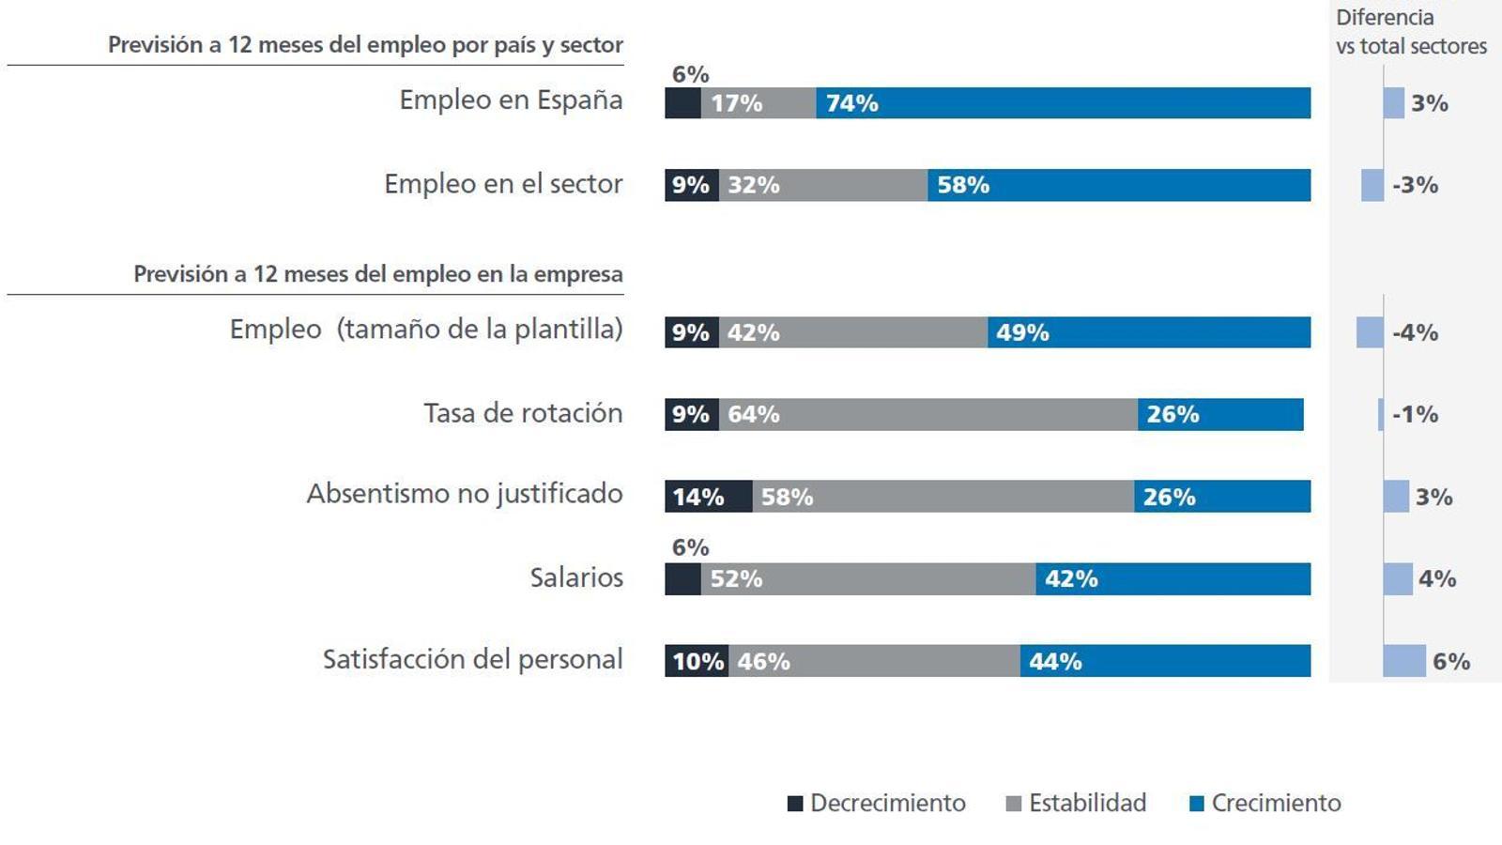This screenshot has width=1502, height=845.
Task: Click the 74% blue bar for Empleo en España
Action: (x=1063, y=102)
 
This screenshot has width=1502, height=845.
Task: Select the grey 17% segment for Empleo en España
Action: (x=759, y=102)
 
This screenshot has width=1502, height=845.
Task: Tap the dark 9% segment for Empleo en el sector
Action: (x=692, y=185)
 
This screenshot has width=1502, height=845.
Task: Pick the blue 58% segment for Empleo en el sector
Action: (x=1119, y=185)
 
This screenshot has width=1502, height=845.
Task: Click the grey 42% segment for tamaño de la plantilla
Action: (x=853, y=332)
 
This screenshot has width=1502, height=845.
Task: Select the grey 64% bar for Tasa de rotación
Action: (x=928, y=414)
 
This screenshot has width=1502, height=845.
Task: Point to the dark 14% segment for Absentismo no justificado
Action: (x=708, y=497)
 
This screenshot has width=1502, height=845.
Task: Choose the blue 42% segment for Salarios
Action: (x=1173, y=579)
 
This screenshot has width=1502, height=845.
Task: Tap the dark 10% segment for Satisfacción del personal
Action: (x=697, y=661)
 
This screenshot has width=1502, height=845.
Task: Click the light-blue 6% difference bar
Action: (x=1404, y=661)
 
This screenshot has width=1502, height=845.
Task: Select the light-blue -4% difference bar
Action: (x=1370, y=332)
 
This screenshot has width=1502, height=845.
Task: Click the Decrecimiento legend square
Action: (x=795, y=804)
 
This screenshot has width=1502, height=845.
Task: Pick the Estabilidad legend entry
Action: (x=1076, y=804)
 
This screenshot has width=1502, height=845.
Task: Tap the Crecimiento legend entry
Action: (x=1264, y=804)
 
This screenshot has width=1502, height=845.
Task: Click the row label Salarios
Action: (x=576, y=577)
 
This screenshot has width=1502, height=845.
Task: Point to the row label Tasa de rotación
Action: (x=523, y=413)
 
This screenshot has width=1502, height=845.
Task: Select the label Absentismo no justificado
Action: (x=465, y=494)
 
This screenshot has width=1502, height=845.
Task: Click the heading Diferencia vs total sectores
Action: (x=1411, y=32)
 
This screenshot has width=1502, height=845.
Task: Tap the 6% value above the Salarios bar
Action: (x=690, y=547)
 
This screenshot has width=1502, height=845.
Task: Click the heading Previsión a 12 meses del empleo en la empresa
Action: (x=377, y=274)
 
